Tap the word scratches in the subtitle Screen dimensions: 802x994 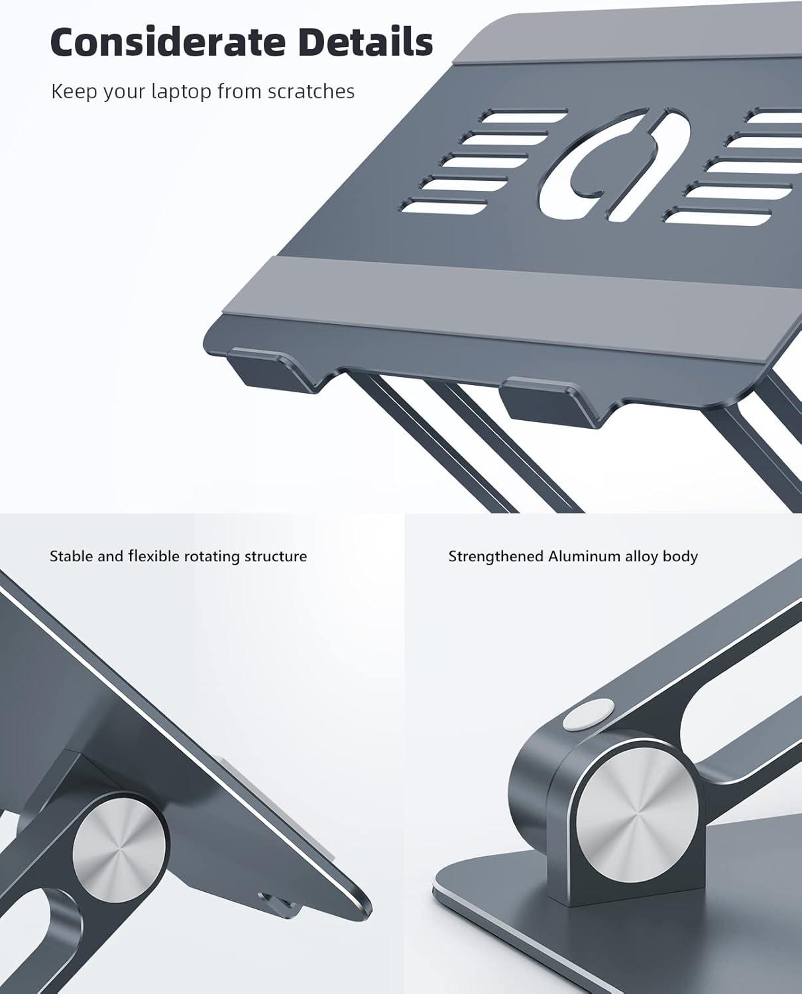tap(312, 91)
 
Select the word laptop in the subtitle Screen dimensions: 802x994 tap(182, 92)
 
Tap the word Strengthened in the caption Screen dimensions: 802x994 tap(496, 557)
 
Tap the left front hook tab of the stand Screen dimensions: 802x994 tap(272, 370)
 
